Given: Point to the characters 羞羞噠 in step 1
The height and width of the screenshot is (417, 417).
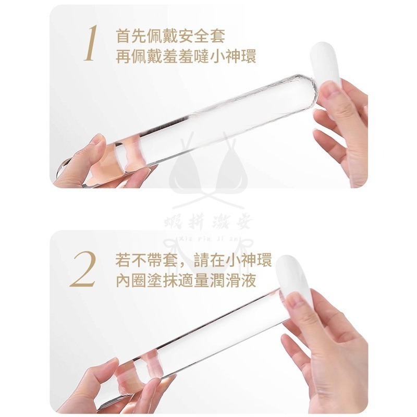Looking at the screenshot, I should (181, 56).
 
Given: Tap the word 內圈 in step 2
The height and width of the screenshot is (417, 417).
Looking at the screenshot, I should (129, 279).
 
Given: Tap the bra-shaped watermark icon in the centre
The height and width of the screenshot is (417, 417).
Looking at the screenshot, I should (208, 172).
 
